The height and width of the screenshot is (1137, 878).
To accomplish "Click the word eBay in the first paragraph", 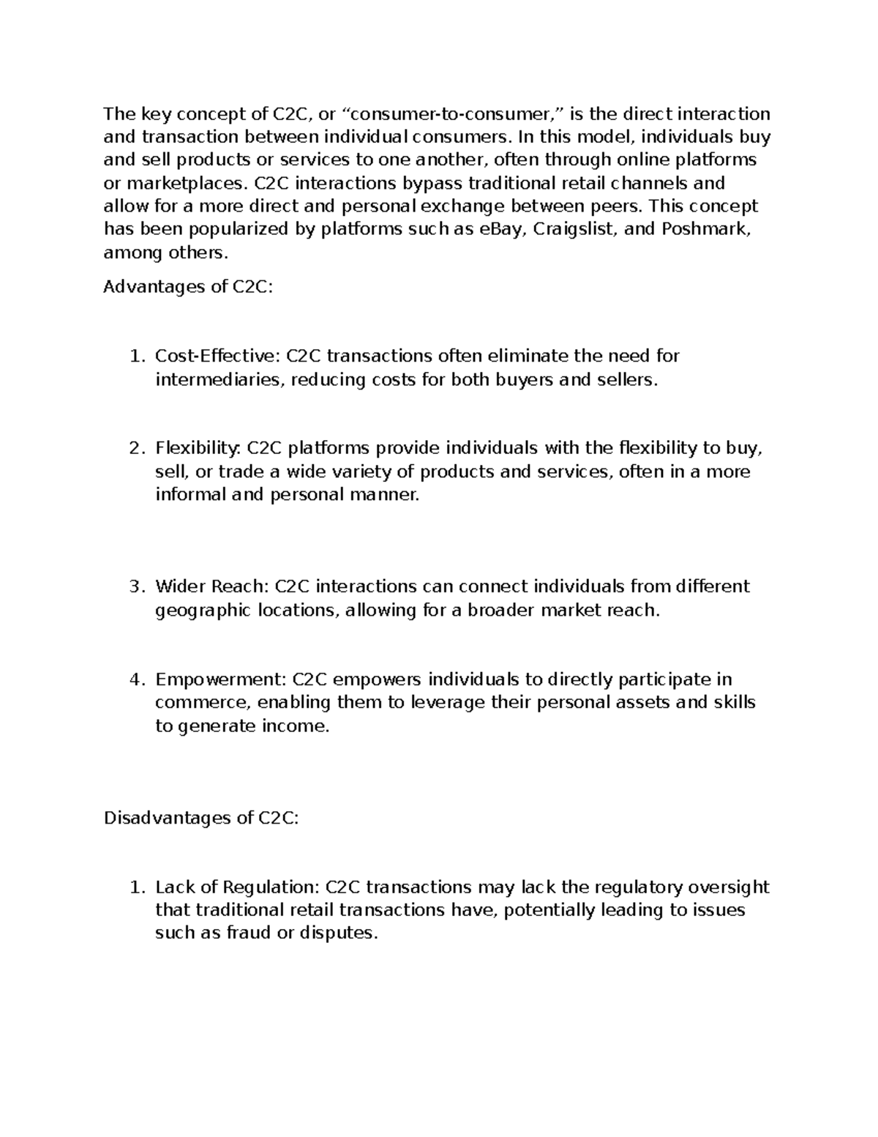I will tap(502, 229).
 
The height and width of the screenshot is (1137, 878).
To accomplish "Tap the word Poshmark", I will tap(705, 229).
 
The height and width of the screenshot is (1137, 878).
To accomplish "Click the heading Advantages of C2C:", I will tap(188, 287).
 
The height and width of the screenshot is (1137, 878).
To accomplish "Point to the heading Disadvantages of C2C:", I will tap(201, 818).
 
